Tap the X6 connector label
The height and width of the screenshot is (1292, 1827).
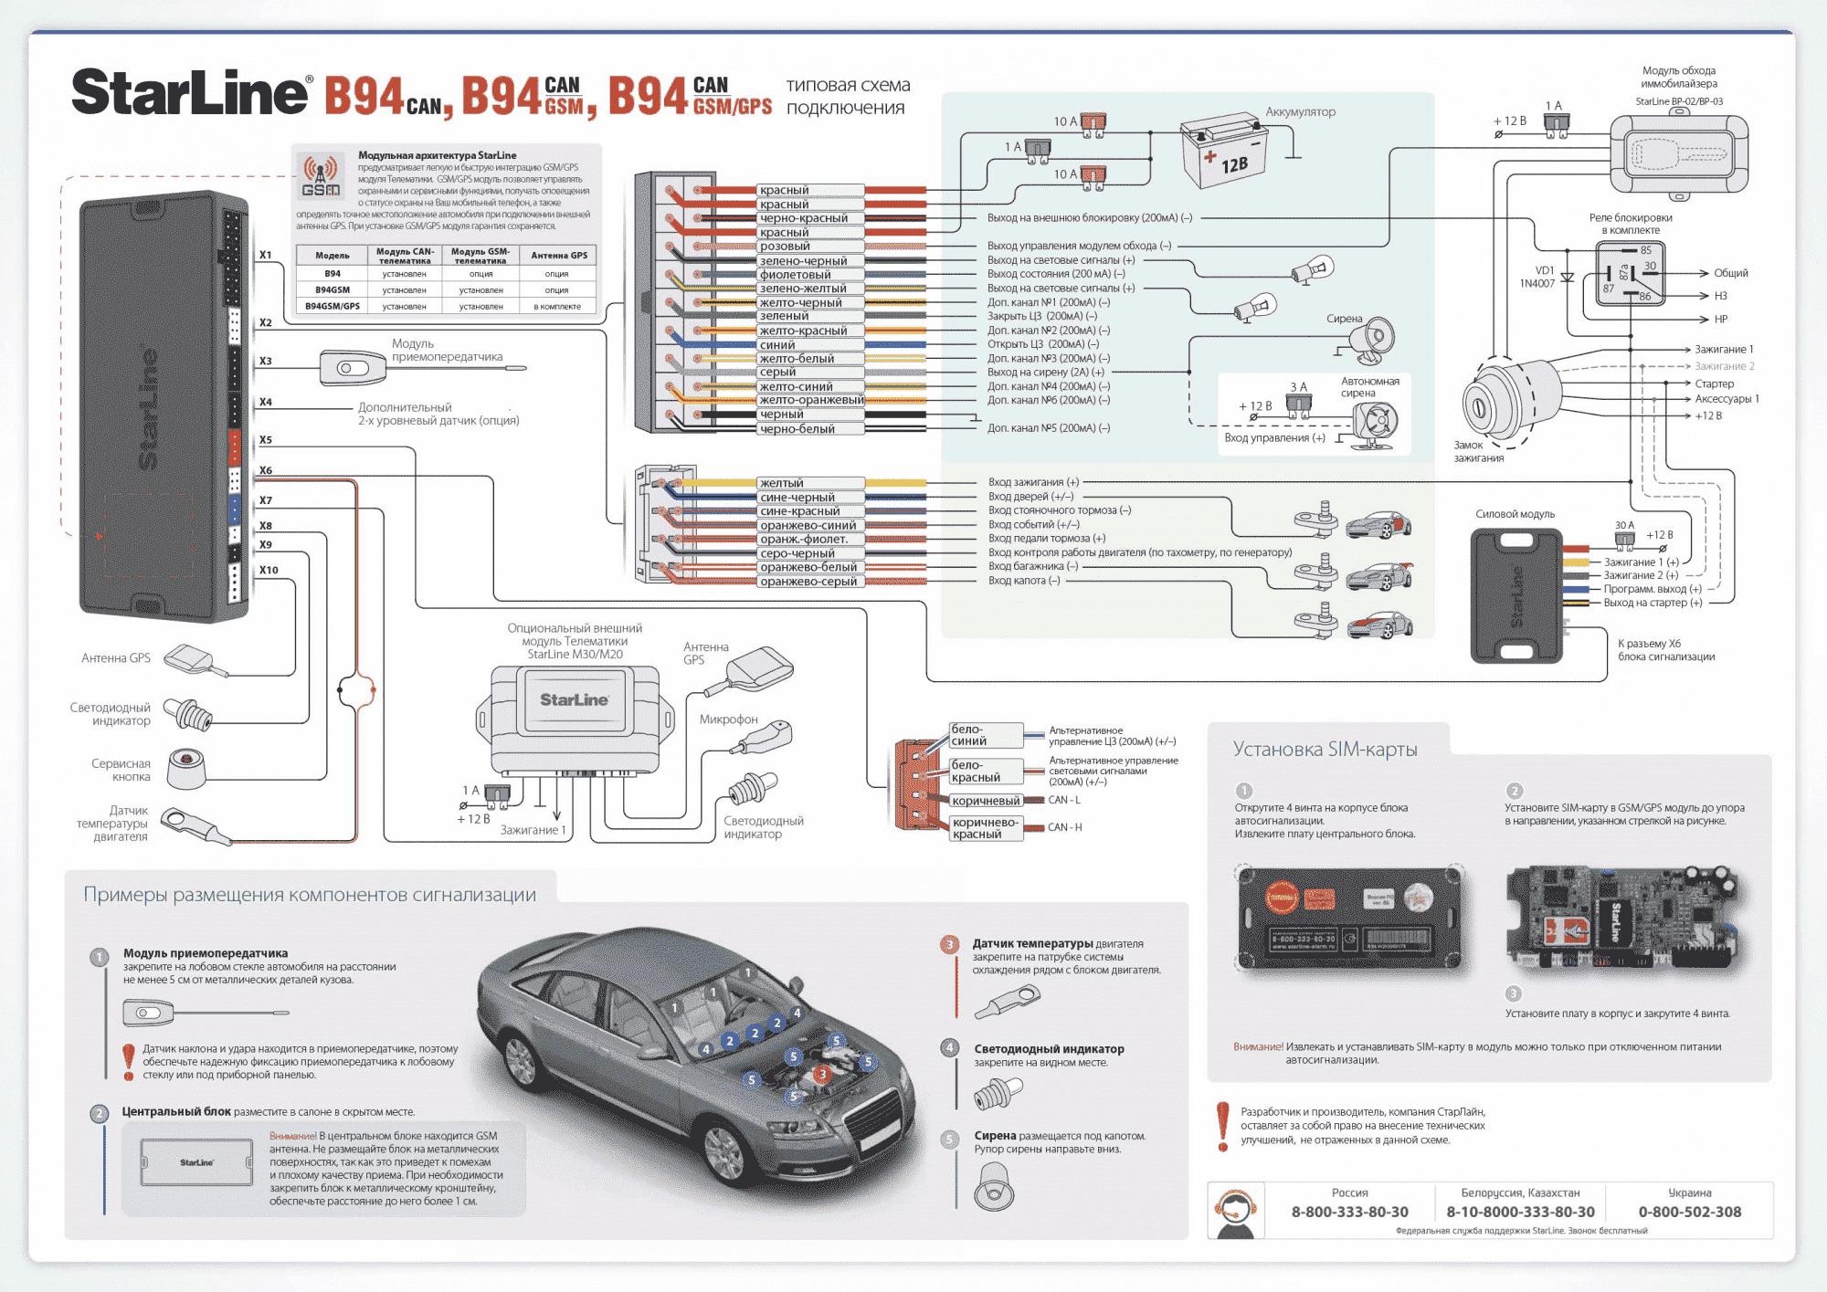[x=266, y=471]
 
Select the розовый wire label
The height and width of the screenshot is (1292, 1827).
[x=785, y=247]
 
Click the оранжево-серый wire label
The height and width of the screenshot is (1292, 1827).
[x=808, y=582]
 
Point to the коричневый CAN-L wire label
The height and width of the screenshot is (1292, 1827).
[x=986, y=801]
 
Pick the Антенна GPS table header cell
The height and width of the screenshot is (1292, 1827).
[x=559, y=256]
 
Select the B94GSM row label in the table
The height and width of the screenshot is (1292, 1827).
[x=333, y=289]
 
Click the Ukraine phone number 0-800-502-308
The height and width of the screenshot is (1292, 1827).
[x=1689, y=1212]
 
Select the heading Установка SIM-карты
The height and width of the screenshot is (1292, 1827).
[x=1325, y=750]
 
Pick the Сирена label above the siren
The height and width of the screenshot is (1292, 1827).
[x=1344, y=319]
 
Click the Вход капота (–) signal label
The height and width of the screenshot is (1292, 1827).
[x=1024, y=581]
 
